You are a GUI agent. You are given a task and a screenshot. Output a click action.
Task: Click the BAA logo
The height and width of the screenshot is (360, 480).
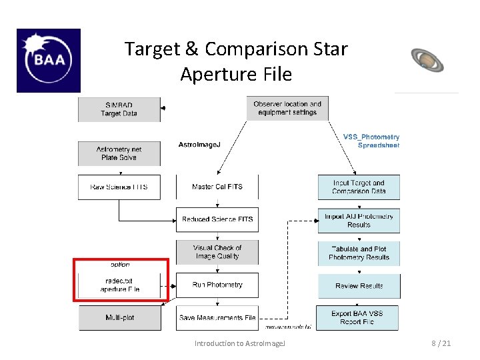click(48, 60)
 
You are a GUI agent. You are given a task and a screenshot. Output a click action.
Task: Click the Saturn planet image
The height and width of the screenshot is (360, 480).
click(427, 60)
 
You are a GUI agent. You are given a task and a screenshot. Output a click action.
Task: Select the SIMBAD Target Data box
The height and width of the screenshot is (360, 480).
click(119, 109)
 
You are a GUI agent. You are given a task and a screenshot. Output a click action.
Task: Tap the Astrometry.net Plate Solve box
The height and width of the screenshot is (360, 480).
click(119, 153)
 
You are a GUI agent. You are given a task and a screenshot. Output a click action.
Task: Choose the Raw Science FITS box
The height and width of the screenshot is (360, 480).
click(119, 187)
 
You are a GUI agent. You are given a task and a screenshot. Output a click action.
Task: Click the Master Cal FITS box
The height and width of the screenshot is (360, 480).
click(217, 187)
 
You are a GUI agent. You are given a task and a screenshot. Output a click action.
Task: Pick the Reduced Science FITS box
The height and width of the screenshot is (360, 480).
click(217, 219)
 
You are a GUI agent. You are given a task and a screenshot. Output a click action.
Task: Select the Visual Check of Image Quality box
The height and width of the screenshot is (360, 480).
click(217, 252)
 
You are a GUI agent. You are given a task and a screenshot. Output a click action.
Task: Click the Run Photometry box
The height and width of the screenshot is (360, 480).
click(217, 285)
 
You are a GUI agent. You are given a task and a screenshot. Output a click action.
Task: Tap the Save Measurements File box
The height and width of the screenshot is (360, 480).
click(217, 317)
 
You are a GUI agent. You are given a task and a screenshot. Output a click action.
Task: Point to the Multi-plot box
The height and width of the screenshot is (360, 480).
click(120, 317)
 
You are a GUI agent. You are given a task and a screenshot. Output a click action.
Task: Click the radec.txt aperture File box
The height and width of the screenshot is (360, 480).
click(120, 285)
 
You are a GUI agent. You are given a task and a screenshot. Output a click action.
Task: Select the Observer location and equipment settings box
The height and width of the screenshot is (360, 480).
click(287, 108)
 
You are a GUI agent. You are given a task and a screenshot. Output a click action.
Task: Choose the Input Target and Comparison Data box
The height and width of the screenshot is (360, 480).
click(359, 187)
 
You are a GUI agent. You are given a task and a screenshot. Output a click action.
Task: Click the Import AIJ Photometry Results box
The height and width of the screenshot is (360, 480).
click(359, 221)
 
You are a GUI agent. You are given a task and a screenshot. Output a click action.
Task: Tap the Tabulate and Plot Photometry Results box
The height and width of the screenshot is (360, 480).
click(359, 253)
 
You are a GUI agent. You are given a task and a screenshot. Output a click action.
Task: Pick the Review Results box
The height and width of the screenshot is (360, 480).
click(359, 286)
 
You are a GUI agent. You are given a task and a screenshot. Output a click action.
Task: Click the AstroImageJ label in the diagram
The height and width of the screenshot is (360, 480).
click(199, 145)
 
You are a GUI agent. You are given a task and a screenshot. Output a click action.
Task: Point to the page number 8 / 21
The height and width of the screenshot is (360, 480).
click(441, 343)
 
